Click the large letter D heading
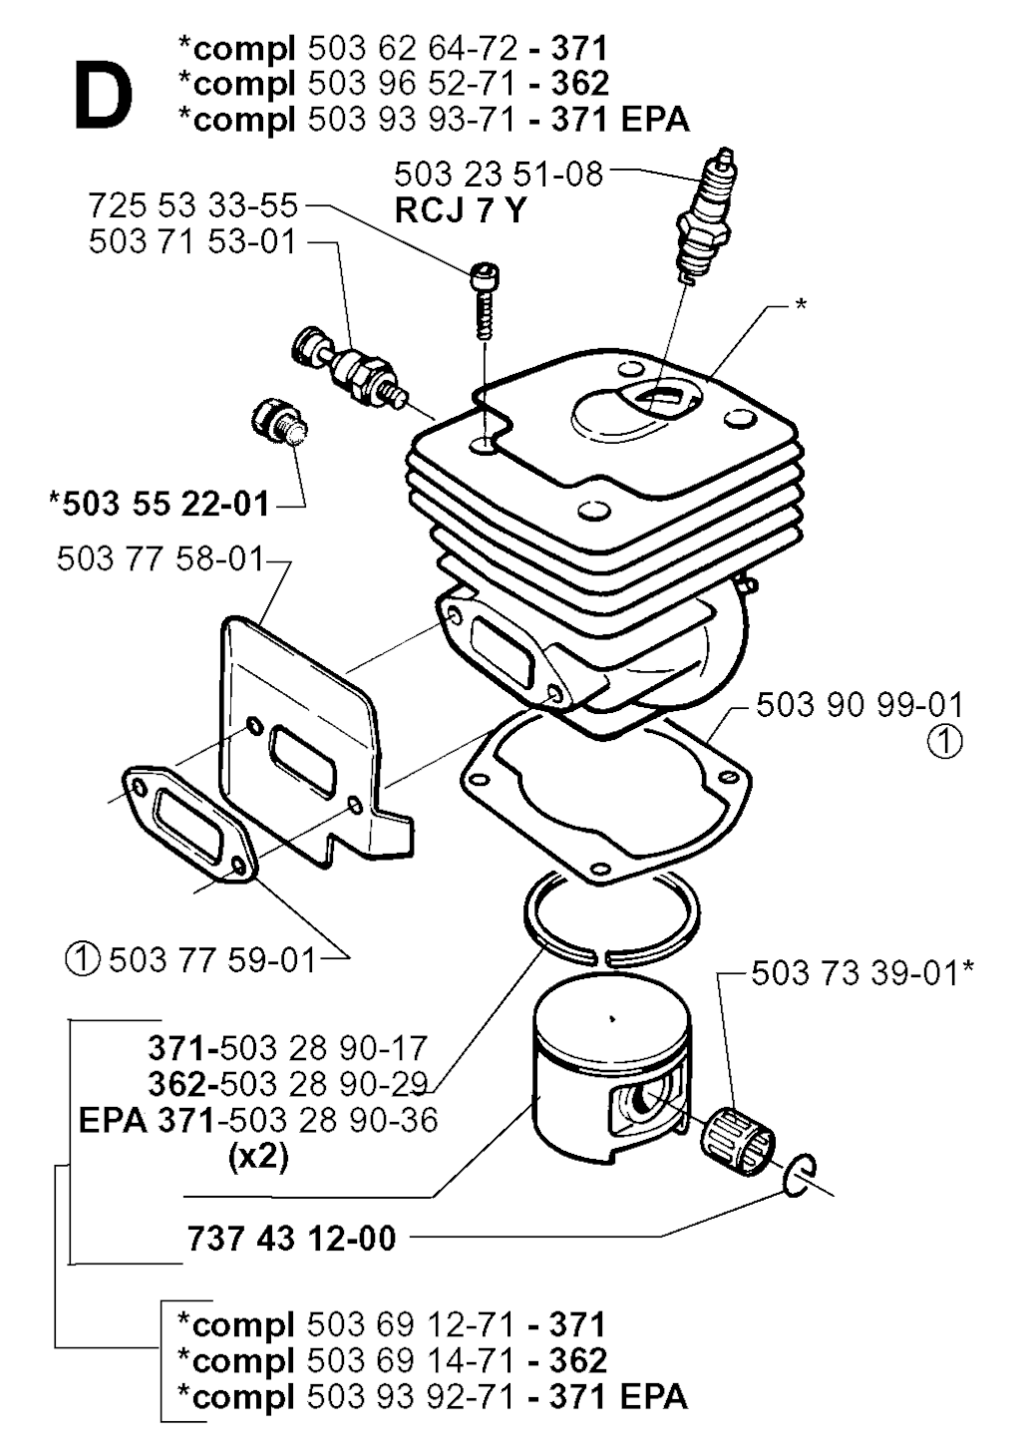tap(103, 95)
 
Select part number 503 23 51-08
tap(499, 174)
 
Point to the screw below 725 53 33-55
tap(484, 300)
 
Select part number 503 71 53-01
tap(192, 242)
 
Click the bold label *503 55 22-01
tap(159, 504)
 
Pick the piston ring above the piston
tap(611, 918)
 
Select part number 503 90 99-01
tap(859, 705)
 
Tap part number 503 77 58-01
tap(161, 558)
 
